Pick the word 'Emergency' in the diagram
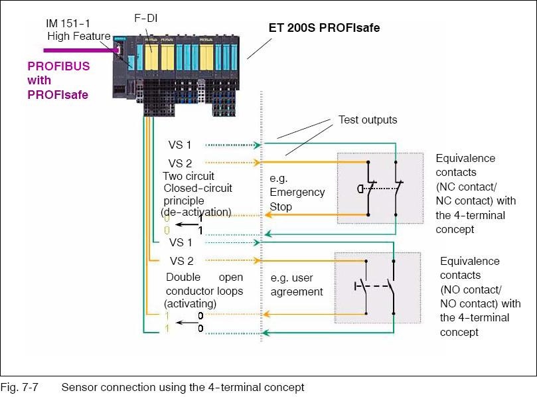pyautogui.click(x=297, y=193)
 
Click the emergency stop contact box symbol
pyautogui.click(x=380, y=189)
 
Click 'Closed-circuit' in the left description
pyautogui.click(x=198, y=188)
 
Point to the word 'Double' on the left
pyautogui.click(x=183, y=277)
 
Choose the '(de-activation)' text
pyautogui.click(x=196, y=211)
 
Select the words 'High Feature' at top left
pyautogui.click(x=76, y=35)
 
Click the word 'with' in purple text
pyautogui.click(x=39, y=80)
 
